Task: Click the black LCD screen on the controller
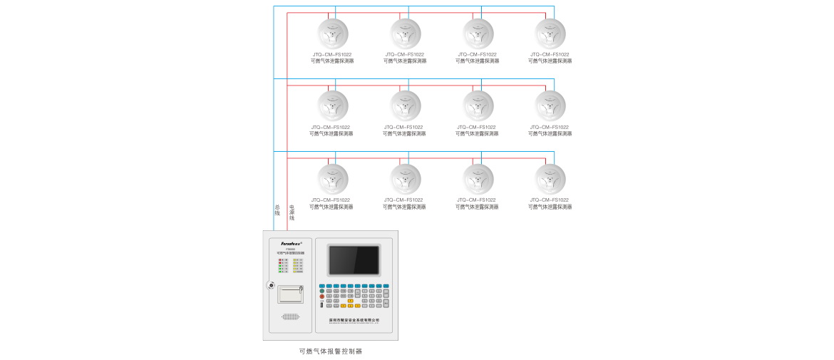pyautogui.click(x=354, y=260)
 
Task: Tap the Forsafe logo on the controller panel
pyautogui.click(x=291, y=242)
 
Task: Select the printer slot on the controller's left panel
pyautogui.click(x=291, y=294)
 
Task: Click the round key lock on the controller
pyautogui.click(x=271, y=285)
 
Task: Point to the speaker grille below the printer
pyautogui.click(x=290, y=317)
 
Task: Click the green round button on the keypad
pyautogui.click(x=322, y=291)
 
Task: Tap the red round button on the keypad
pyautogui.click(x=322, y=297)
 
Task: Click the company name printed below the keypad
pyautogui.click(x=354, y=320)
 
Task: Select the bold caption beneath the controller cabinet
pyautogui.click(x=331, y=351)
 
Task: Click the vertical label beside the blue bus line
pyautogui.click(x=277, y=210)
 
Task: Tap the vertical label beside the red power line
pyautogui.click(x=292, y=212)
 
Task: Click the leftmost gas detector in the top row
pyautogui.click(x=333, y=34)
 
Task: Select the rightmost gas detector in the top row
pyautogui.click(x=550, y=34)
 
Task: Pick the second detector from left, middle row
pyautogui.click(x=405, y=106)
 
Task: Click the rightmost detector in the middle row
pyautogui.click(x=550, y=106)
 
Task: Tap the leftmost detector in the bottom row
pyautogui.click(x=333, y=178)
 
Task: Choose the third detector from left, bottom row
pyautogui.click(x=478, y=178)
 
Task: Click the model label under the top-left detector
pyautogui.click(x=332, y=54)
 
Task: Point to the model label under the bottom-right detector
pyautogui.click(x=550, y=200)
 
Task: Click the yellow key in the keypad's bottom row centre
pyautogui.click(x=350, y=306)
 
